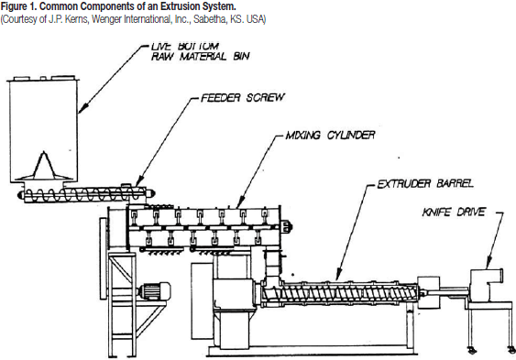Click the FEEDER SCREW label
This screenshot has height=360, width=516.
point(243,98)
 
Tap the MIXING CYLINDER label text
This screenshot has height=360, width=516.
point(330,136)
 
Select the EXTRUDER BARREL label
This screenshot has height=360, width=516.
point(425,183)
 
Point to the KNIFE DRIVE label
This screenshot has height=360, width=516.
point(454,212)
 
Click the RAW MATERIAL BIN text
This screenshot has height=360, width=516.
point(200,57)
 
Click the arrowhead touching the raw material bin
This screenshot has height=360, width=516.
point(82,108)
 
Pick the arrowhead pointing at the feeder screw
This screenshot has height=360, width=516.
point(139,181)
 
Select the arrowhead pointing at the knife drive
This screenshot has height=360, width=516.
point(489,263)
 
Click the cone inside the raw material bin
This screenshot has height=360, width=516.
point(44,166)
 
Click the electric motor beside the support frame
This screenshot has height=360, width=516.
point(154,291)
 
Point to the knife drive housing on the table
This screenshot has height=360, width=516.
point(487,286)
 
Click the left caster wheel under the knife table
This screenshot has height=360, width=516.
point(471,350)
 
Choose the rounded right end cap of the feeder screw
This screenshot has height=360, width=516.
point(150,193)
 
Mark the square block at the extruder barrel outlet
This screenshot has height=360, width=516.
point(428,292)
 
